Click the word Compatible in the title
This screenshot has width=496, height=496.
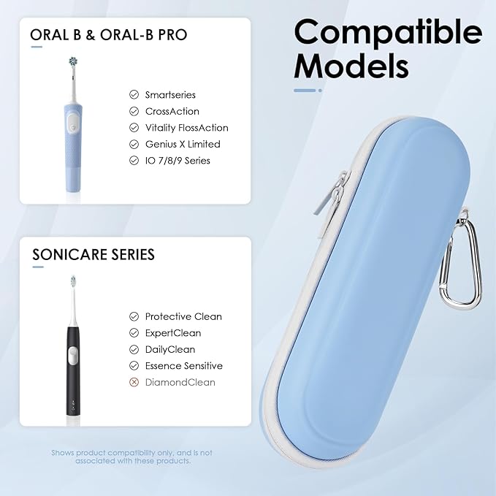[388, 33]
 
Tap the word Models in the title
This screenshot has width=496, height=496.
[351, 66]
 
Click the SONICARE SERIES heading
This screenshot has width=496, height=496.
[94, 255]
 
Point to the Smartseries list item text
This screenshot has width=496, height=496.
[170, 95]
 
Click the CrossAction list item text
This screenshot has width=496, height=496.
[172, 111]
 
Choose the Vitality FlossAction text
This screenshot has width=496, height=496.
[186, 128]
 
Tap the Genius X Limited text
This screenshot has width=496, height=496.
[183, 144]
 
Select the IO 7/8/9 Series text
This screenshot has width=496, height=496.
[178, 160]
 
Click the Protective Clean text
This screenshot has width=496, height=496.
[183, 316]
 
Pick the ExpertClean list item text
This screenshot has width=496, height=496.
[173, 332]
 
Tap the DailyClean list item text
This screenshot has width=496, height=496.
[170, 349]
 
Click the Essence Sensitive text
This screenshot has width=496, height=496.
[184, 365]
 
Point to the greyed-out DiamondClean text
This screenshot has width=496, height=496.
[180, 382]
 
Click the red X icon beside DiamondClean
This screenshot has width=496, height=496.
[134, 382]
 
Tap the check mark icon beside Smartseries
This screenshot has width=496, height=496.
[134, 95]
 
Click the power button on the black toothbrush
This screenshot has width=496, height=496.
[71, 356]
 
